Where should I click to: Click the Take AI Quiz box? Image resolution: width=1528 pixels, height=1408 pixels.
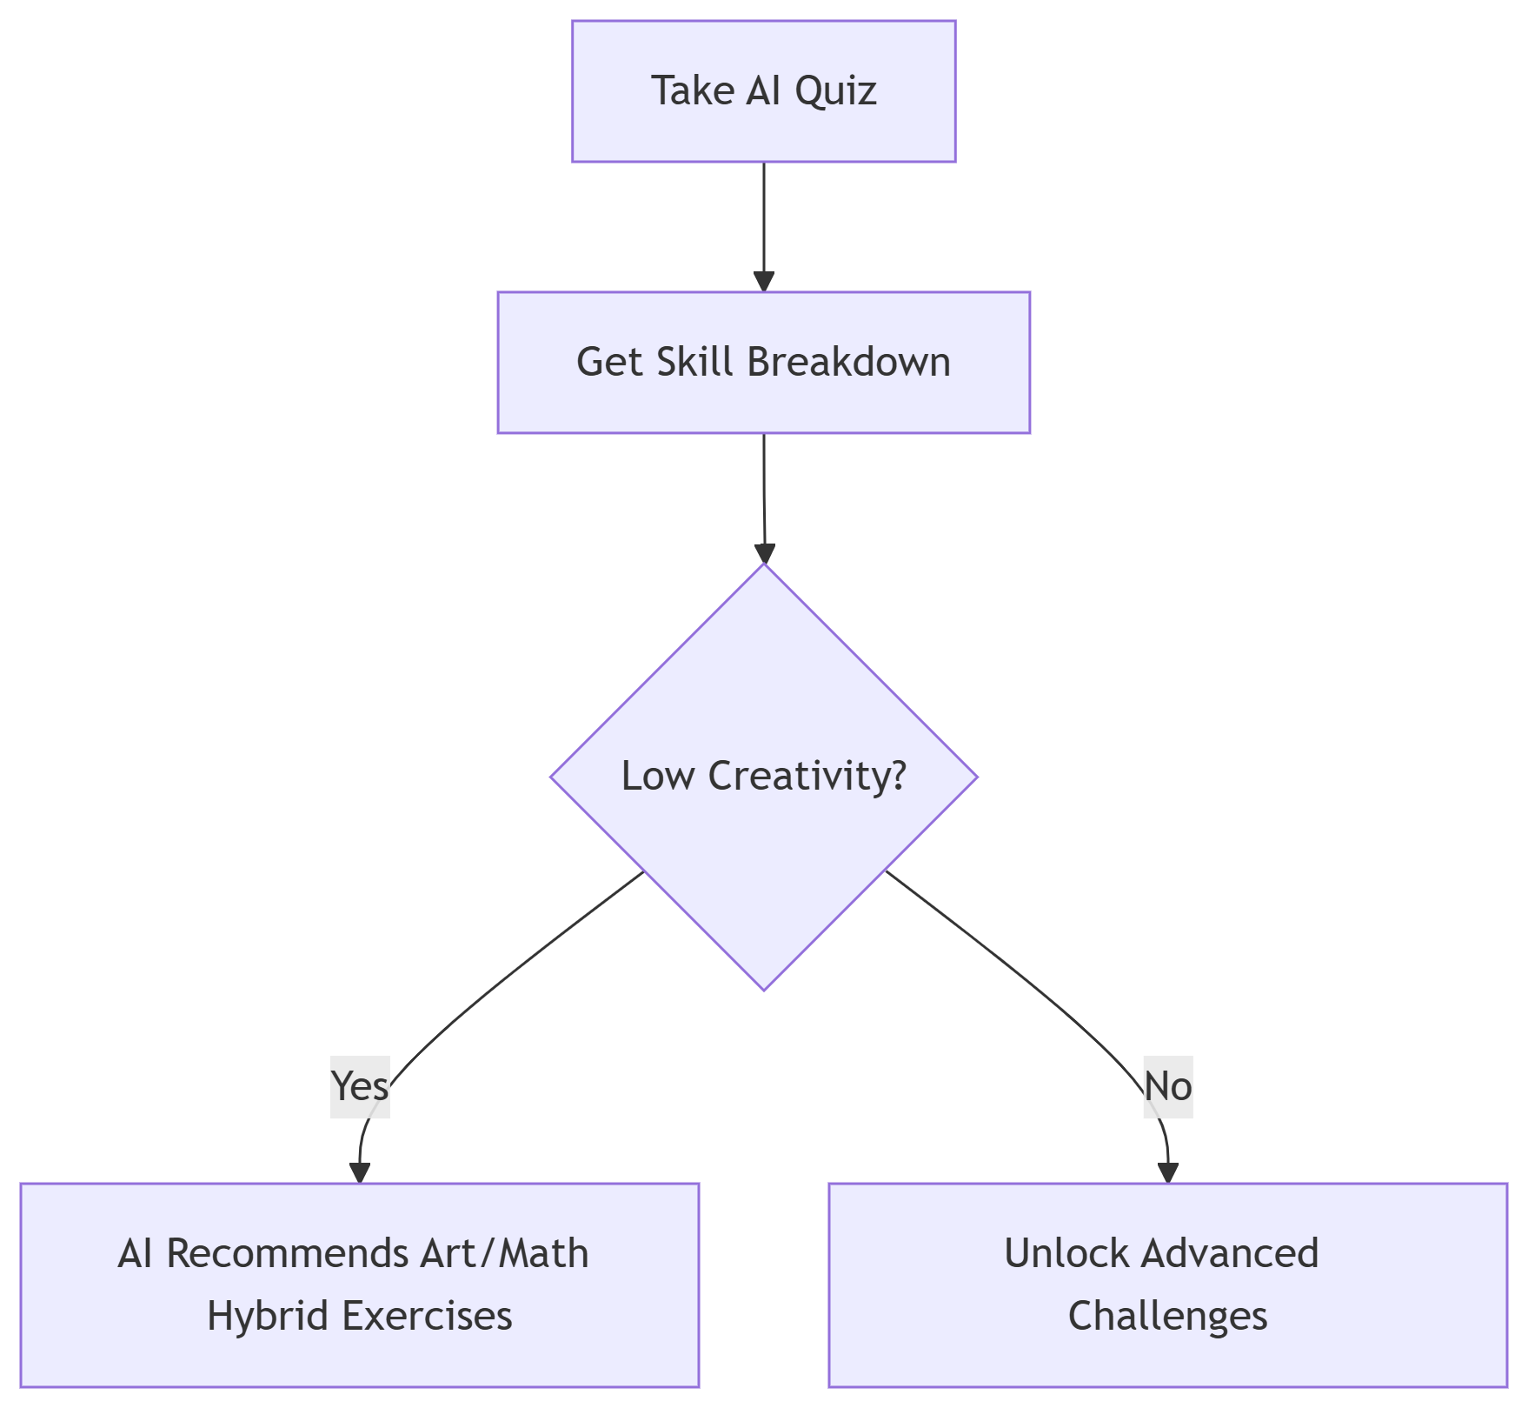point(763,91)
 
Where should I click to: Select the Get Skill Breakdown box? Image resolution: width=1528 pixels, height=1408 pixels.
point(763,363)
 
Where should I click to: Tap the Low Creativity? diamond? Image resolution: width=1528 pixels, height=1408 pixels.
point(763,776)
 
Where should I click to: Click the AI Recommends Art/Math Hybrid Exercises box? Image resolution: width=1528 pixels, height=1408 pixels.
point(359,1285)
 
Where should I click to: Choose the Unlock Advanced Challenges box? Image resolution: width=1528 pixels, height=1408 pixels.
point(1167,1285)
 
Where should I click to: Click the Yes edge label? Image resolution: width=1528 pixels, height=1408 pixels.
point(360,1086)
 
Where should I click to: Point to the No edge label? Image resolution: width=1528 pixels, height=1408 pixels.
point(1167,1086)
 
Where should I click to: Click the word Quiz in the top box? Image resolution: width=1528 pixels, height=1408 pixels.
point(835,91)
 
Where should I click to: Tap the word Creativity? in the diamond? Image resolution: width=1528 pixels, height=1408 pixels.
point(807,776)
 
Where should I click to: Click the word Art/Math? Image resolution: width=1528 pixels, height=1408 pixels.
point(503,1254)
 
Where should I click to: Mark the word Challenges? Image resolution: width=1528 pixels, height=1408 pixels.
point(1167,1316)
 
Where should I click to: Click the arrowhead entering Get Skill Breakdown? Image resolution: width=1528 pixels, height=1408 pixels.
point(763,282)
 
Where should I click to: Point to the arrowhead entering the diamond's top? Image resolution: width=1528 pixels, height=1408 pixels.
point(764,554)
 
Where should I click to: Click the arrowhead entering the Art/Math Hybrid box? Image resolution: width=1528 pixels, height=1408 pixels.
point(359,1172)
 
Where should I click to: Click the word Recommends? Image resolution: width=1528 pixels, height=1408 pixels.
point(286,1254)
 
